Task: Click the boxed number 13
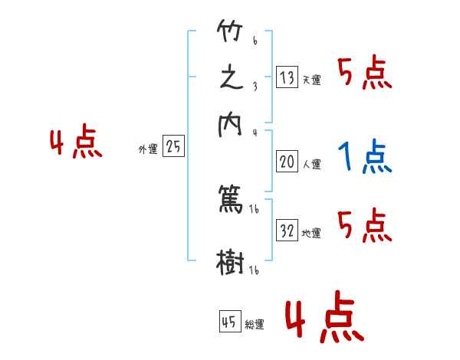287,77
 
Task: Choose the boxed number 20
287,162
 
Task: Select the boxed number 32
287,231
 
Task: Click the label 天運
311,80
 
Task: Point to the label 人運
311,164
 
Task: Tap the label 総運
255,325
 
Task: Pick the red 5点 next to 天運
364,74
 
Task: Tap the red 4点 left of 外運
76,143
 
